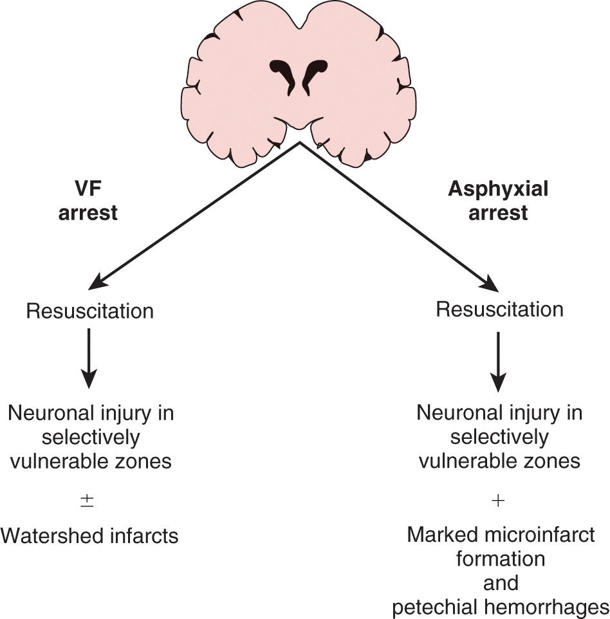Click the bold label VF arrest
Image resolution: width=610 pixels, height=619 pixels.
88,202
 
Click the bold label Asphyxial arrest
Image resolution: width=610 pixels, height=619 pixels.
498,201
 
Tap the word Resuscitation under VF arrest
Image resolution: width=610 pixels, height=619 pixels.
89,311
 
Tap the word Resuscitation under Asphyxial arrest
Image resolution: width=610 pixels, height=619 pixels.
499,309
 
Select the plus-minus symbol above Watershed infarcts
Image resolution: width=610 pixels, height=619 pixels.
88,501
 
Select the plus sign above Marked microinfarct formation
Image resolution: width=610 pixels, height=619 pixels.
498,501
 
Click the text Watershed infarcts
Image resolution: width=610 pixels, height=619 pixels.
89,535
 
